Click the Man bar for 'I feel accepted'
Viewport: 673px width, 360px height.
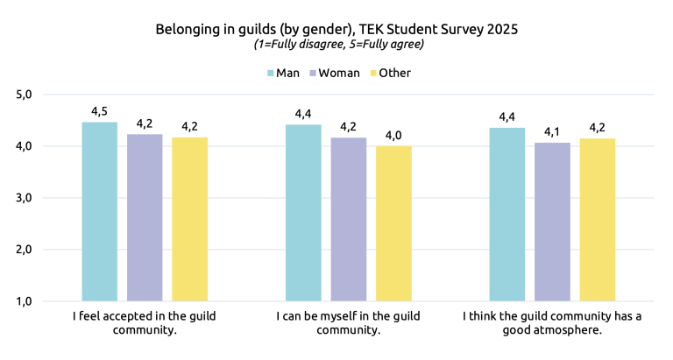pyautogui.click(x=99, y=211)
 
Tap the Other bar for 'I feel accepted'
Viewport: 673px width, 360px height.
pyautogui.click(x=189, y=219)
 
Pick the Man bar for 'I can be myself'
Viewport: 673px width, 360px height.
pyautogui.click(x=303, y=213)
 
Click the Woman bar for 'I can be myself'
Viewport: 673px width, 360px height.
pyautogui.click(x=349, y=219)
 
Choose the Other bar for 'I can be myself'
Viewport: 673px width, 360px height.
pyautogui.click(x=393, y=223)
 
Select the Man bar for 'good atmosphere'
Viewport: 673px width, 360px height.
pyautogui.click(x=507, y=215)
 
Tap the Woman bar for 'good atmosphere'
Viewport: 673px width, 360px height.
pyautogui.click(x=553, y=222)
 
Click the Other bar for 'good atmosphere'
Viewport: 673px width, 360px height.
pyautogui.click(x=598, y=220)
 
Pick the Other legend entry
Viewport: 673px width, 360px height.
pyautogui.click(x=389, y=73)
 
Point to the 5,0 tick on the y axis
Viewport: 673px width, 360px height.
pyautogui.click(x=24, y=95)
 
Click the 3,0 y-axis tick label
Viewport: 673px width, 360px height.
pyautogui.click(x=24, y=198)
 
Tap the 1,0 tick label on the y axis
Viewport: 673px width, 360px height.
pyautogui.click(x=24, y=301)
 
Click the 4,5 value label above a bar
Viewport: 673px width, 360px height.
pyautogui.click(x=100, y=111)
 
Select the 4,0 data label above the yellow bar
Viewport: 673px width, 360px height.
pyautogui.click(x=393, y=135)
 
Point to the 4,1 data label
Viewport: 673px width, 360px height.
pyautogui.click(x=553, y=131)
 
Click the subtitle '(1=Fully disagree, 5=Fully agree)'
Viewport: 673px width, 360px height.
pyautogui.click(x=336, y=45)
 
